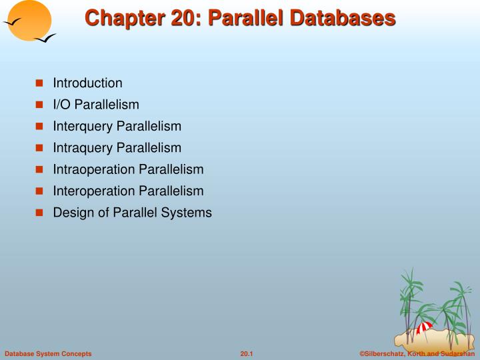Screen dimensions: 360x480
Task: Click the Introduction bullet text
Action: (87, 83)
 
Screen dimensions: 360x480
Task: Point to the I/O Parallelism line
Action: (96, 105)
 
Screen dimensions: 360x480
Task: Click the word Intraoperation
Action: (94, 169)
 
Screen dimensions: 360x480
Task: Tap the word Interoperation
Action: (94, 191)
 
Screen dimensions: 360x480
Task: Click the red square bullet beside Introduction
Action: (39, 83)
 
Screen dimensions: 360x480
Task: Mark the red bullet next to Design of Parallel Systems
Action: (39, 213)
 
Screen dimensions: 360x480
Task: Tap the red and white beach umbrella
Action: (424, 327)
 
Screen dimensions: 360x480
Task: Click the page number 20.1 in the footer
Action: (247, 353)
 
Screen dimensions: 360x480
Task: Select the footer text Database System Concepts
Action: (48, 353)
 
